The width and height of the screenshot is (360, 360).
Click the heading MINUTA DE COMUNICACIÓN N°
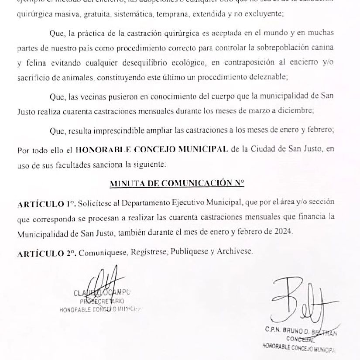tap(177, 184)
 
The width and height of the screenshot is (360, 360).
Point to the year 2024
tap(283, 233)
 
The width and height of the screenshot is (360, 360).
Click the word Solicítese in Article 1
tap(99, 203)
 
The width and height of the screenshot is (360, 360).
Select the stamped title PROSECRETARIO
tap(102, 301)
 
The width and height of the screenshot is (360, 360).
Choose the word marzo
tap(255, 111)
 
